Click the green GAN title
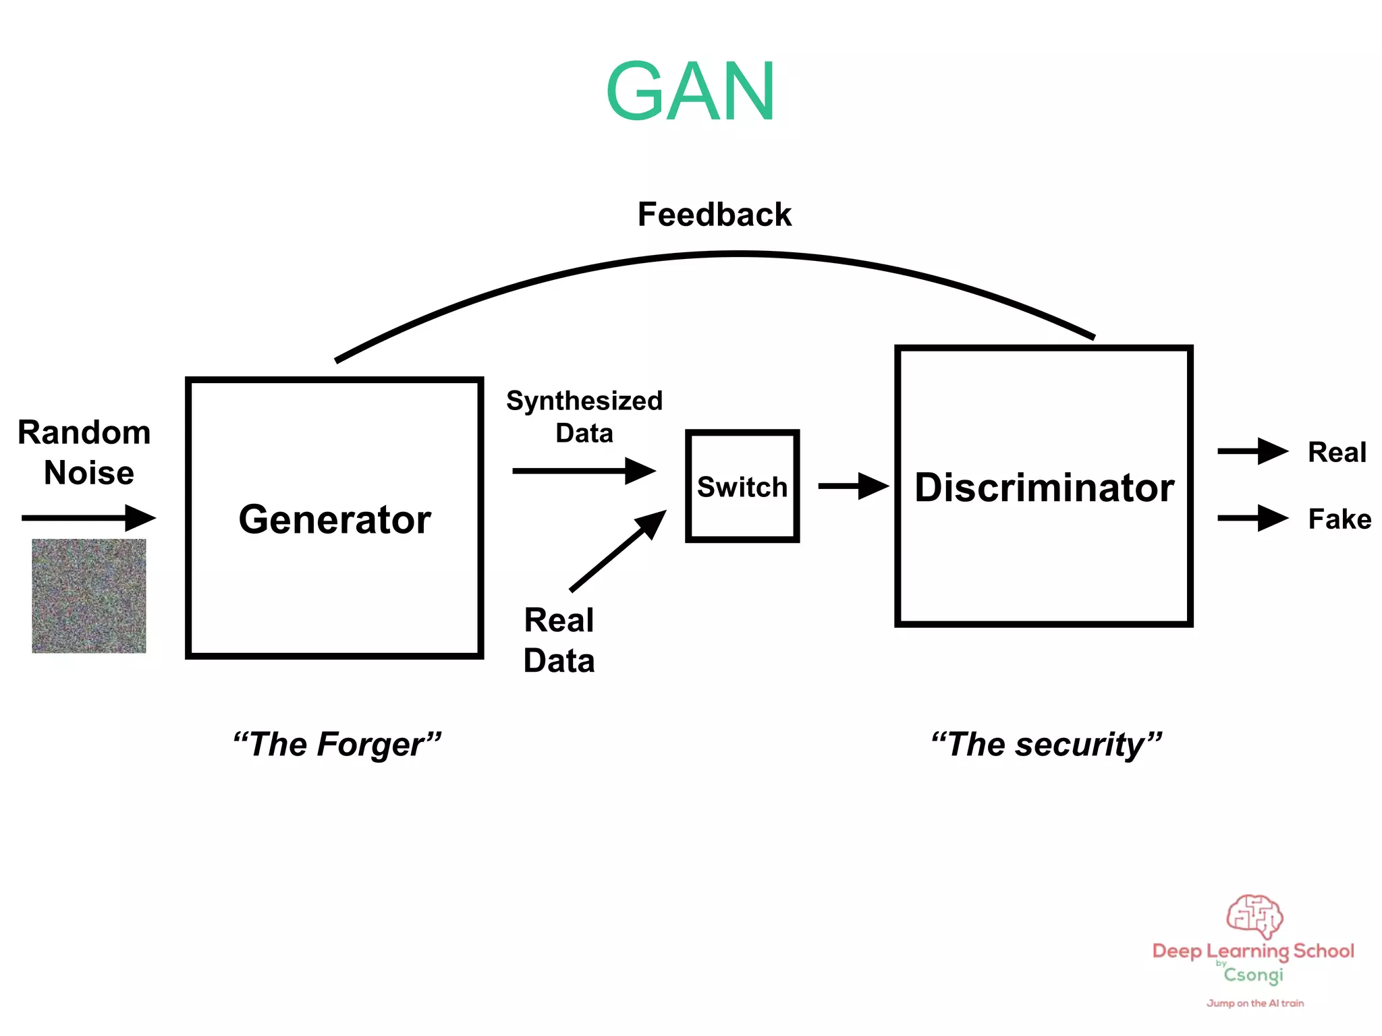pos(690,92)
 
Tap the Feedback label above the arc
pos(714,214)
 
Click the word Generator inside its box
pos(335,519)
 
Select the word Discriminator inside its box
pos(1044,488)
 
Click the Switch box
pos(742,486)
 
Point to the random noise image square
pos(89,596)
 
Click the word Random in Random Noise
pos(84,432)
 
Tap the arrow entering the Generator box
pos(88,518)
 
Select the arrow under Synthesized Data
pos(584,471)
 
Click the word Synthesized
pos(584,401)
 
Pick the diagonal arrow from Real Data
pos(617,551)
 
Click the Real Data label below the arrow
pos(559,640)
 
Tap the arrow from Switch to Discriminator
pos(853,486)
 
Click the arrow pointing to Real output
pos(1252,451)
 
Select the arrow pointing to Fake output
pos(1252,518)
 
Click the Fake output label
pos(1339,519)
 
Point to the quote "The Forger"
pos(337,745)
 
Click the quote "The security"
pos(1046,745)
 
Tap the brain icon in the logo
pos(1254,916)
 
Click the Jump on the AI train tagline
pos(1255,1003)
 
